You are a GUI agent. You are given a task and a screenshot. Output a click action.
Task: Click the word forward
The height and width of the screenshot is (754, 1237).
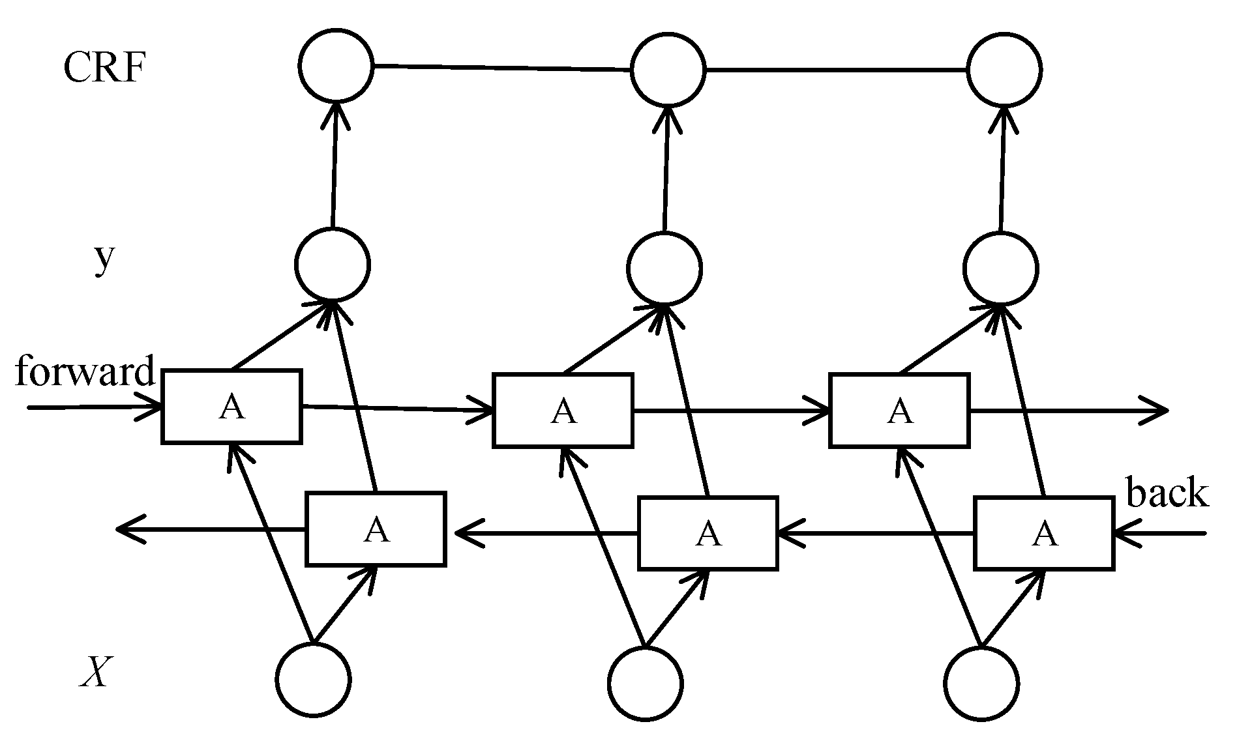[x=85, y=371]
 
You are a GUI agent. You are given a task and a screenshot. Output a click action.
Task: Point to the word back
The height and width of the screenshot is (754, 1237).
[x=1167, y=493]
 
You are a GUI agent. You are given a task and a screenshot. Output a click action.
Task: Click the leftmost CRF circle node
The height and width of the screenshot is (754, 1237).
[x=336, y=65]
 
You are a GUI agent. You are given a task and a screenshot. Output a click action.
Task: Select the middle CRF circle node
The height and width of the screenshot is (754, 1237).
[x=668, y=69]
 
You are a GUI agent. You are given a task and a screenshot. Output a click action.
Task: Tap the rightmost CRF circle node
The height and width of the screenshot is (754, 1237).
[x=1004, y=69]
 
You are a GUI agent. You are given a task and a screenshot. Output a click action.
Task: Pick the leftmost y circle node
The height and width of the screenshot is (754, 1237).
[x=333, y=265]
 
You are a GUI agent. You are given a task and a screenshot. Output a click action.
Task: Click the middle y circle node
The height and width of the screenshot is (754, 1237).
[x=664, y=268]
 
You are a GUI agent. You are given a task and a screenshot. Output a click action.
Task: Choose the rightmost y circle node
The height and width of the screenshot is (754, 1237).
[x=1001, y=268]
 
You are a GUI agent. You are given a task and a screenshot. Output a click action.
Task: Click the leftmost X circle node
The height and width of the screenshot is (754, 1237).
[x=314, y=680]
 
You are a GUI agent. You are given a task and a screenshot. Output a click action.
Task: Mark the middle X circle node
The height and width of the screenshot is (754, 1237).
[x=646, y=684]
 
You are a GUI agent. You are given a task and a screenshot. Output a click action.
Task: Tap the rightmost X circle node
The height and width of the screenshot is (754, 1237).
[x=981, y=684]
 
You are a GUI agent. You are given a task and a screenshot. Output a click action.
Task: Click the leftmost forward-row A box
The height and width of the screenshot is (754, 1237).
[x=231, y=407]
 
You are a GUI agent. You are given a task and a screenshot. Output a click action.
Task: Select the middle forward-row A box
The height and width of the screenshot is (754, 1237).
[x=563, y=411]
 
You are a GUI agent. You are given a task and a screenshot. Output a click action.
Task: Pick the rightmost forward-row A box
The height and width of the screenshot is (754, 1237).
[x=900, y=411]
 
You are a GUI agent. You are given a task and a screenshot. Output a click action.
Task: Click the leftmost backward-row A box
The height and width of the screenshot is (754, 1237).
[x=376, y=529]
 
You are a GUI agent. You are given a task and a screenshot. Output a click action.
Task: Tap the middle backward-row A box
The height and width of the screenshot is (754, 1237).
[x=708, y=533]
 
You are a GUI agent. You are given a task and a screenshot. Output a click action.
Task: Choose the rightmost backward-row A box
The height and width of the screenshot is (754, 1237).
[x=1044, y=533]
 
